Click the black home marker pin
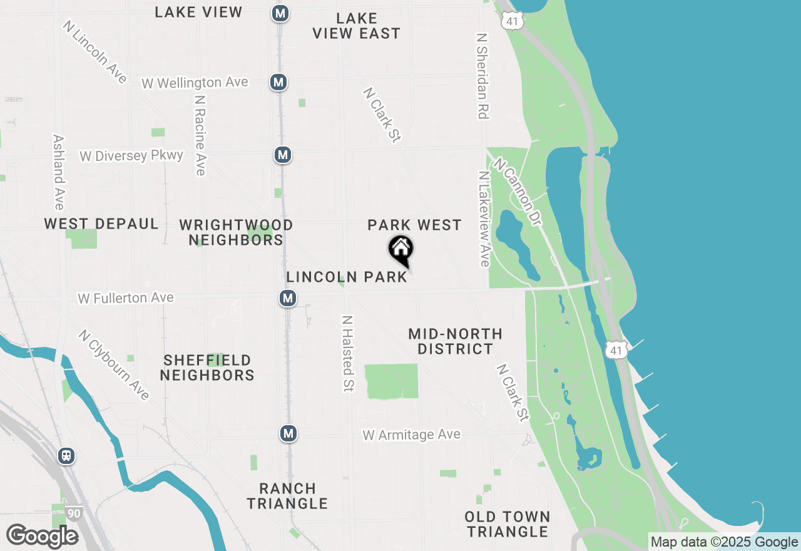point(400,250)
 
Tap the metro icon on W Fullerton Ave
point(288,298)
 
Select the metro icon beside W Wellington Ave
point(278,81)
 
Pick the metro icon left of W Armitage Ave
point(288,433)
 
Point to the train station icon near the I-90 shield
point(66,455)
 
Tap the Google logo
point(42,536)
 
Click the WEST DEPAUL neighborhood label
point(101,224)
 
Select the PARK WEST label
point(414,225)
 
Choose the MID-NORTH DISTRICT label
point(455,341)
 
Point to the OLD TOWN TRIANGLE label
point(507,524)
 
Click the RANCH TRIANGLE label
point(287,495)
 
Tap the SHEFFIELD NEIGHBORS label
point(207,368)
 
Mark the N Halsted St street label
point(347,354)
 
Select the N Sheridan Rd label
point(482,76)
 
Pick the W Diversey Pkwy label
point(131,155)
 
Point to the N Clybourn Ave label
point(114,364)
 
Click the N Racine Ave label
point(200,135)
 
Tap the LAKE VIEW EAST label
point(356,26)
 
